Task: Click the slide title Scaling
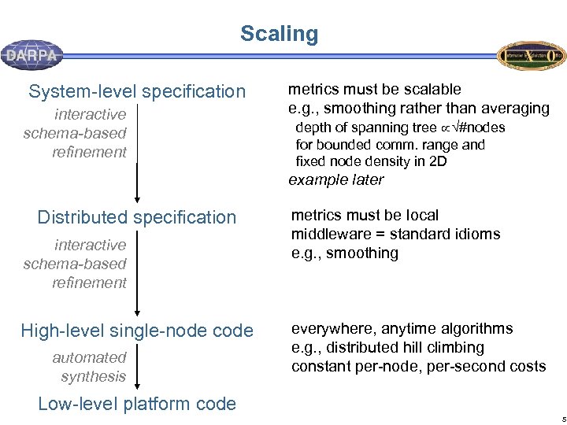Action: [x=279, y=34]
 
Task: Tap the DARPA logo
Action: [x=31, y=55]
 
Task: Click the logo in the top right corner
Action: [x=532, y=55]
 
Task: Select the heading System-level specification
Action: [x=137, y=91]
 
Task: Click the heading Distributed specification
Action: [x=137, y=217]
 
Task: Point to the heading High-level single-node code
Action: [x=137, y=331]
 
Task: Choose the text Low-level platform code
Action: [x=137, y=404]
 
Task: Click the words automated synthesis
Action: [x=91, y=367]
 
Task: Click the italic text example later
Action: [x=336, y=179]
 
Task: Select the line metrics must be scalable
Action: [x=375, y=89]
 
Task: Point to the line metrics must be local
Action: [x=365, y=215]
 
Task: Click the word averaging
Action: [x=516, y=108]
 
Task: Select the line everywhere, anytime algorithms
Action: [x=402, y=328]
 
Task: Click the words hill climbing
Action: [x=452, y=347]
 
